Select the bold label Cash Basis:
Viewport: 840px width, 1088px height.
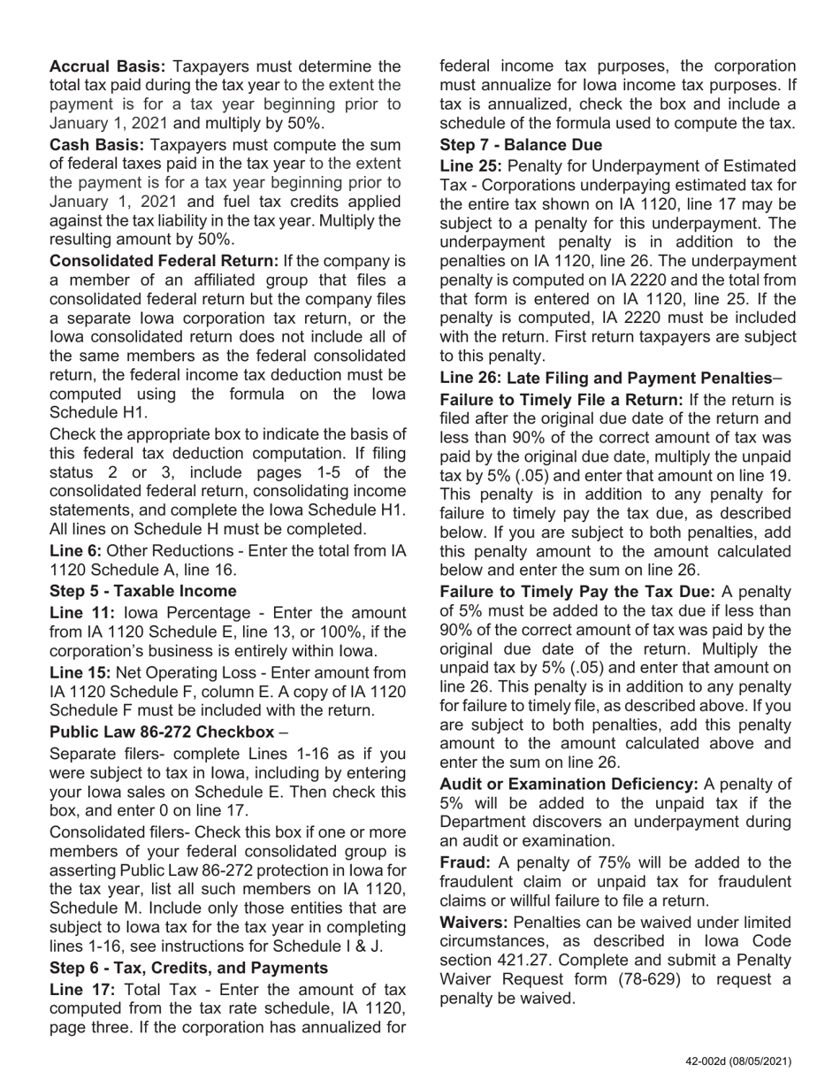(97, 144)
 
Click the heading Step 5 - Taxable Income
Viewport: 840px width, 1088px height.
(143, 591)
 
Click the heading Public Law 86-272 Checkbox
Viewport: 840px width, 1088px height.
(162, 732)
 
